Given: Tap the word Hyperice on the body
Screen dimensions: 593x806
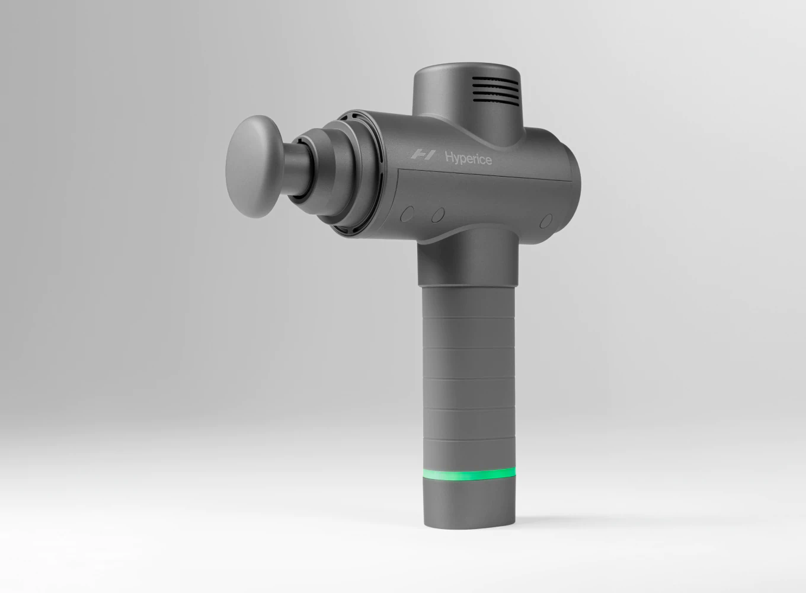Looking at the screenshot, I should (x=468, y=158).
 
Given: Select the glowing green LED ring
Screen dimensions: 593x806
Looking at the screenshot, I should (x=468, y=474).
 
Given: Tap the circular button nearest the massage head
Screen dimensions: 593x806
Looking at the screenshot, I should (x=407, y=213).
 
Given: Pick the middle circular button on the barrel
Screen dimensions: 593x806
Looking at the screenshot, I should (x=438, y=215).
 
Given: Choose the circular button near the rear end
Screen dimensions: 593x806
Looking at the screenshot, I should (x=546, y=221).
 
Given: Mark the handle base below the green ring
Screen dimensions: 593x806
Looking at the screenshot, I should (x=468, y=504).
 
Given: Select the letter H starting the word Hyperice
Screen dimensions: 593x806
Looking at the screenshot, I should (x=450, y=157).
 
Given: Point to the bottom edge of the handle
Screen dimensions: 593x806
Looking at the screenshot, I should (x=468, y=527).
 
